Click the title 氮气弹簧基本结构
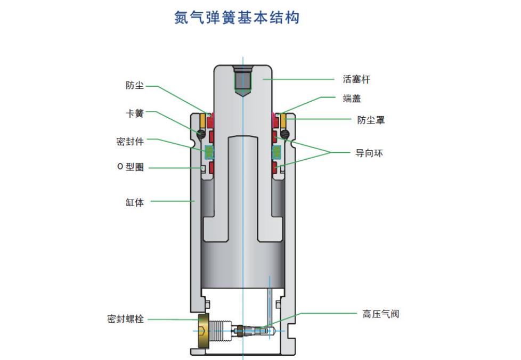point(237,18)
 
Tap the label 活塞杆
point(356,79)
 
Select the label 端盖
point(352,99)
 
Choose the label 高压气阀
point(380,314)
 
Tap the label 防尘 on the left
point(135,85)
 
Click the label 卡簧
point(135,113)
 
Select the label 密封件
point(130,141)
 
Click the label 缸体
point(135,202)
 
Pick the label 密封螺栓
point(125,319)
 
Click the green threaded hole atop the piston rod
point(243,80)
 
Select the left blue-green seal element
point(209,152)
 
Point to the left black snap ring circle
point(201,133)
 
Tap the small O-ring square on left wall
point(204,169)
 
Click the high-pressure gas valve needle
point(256,331)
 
